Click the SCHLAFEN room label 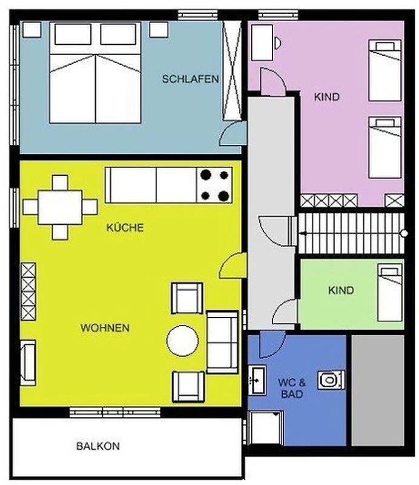click(x=190, y=79)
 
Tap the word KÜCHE click(x=125, y=228)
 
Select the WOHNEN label click(x=105, y=328)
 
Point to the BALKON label click(x=98, y=446)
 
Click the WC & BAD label click(x=292, y=388)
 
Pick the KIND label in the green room click(x=341, y=290)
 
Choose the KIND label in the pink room click(x=326, y=97)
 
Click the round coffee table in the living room click(x=183, y=341)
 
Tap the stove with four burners click(x=214, y=186)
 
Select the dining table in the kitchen click(x=61, y=207)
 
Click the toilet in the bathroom click(x=331, y=380)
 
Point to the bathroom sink click(x=257, y=380)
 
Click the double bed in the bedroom click(x=96, y=73)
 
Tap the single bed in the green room click(x=390, y=293)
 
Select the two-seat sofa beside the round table click(x=222, y=342)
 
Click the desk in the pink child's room click(x=262, y=42)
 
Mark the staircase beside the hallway click(x=351, y=233)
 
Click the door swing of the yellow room click(x=233, y=266)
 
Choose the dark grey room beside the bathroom click(x=378, y=390)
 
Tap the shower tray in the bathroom click(x=266, y=428)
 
